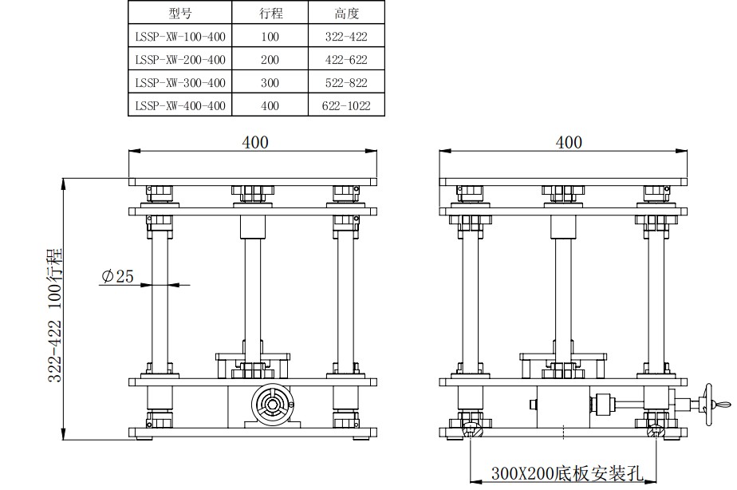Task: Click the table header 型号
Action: (x=180, y=13)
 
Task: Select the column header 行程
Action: (x=270, y=13)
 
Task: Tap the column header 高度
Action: (x=346, y=13)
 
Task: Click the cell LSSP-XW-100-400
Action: (x=180, y=37)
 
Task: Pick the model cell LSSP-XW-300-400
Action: (x=180, y=83)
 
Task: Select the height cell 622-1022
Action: (x=346, y=106)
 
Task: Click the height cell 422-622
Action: (x=346, y=60)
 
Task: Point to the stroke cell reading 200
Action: (x=270, y=60)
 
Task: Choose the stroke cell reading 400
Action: (x=270, y=106)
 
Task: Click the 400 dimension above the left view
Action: (x=255, y=142)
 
